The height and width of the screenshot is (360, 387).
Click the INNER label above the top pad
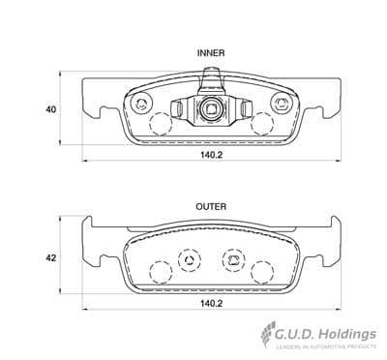coord(211,53)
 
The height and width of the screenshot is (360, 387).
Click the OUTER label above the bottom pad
coord(211,206)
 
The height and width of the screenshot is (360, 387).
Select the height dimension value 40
coord(50,109)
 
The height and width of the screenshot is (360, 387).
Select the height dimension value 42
coord(50,258)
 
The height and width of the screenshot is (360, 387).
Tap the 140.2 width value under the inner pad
coord(212,155)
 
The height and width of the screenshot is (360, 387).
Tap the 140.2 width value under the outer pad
coord(212,304)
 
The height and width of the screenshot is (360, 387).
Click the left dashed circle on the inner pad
coord(161,124)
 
